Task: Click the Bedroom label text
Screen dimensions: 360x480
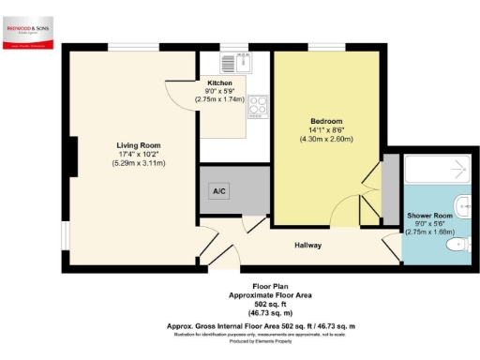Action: coord(326,121)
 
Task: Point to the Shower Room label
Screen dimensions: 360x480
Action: coord(430,216)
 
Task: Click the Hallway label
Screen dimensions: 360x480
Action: coord(308,245)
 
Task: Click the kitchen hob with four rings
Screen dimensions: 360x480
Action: coord(258,108)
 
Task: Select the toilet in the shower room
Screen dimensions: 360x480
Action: coord(456,245)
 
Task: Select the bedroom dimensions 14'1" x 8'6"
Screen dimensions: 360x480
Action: coord(326,130)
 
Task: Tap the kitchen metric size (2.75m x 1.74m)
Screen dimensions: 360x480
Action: coord(219,99)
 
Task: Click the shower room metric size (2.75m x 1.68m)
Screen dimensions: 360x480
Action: coord(430,232)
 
